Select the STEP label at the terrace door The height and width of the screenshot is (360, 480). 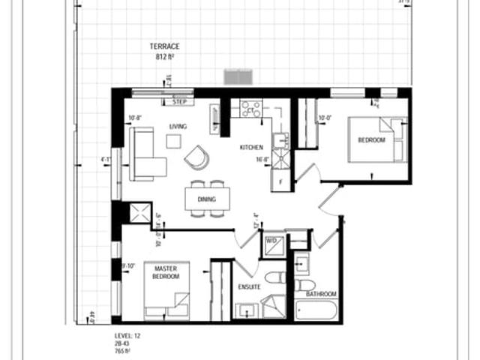coord(179,101)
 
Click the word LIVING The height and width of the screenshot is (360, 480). coord(178,126)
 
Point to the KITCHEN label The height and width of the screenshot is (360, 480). coord(250,147)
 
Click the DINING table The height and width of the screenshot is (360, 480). coord(208,199)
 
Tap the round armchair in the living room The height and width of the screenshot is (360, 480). coord(197,157)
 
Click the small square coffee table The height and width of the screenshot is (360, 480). coord(173,141)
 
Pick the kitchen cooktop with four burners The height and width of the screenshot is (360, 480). coord(250,108)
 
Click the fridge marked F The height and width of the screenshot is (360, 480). coord(280,181)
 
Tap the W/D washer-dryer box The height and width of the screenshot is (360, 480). coord(271,242)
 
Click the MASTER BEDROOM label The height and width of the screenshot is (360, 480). coord(165,272)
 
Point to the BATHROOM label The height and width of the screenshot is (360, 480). coord(322,294)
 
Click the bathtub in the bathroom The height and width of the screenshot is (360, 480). coord(316,310)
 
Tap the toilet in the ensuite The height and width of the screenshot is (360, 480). coord(275,277)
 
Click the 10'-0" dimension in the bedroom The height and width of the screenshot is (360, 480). coord(325,118)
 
